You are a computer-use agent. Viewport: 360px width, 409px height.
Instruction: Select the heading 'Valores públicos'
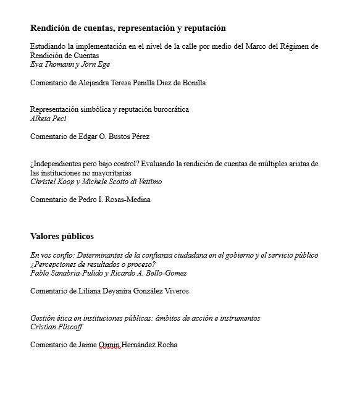point(62,236)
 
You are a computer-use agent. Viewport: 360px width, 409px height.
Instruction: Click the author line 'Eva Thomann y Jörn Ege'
point(70,64)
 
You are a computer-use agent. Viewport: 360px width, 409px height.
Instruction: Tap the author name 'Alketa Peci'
point(48,119)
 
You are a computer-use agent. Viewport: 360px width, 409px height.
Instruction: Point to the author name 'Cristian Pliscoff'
point(56,327)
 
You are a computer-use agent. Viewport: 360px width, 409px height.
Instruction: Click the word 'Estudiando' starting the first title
point(48,46)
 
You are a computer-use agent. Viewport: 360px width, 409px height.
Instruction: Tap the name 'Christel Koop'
point(54,182)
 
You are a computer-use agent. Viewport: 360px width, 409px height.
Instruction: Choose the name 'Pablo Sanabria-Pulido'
point(64,273)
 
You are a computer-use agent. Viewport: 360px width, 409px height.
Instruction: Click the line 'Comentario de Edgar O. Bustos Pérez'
point(90,137)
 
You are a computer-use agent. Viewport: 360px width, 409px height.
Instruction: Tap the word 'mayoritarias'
point(114,173)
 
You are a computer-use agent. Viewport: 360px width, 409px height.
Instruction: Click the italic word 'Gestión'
point(43,318)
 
